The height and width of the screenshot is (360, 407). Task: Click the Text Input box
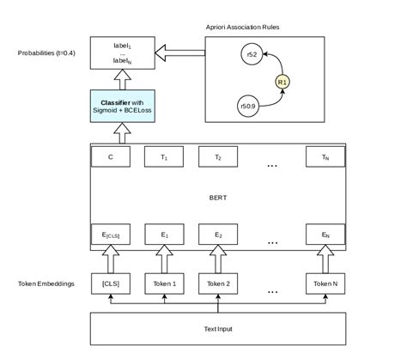pos(218,329)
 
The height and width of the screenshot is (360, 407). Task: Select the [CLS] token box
pos(110,284)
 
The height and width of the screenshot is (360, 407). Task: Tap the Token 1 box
pos(164,284)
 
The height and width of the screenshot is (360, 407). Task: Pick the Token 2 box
pos(218,284)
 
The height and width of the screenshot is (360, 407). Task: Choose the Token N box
pos(325,284)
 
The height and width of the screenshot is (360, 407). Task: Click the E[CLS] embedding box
pos(110,234)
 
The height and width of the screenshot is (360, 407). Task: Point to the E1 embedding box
pos(164,234)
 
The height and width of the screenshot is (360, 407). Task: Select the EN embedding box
pos(325,234)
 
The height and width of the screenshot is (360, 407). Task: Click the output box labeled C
pos(110,157)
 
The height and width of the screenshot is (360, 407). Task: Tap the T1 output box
pos(164,157)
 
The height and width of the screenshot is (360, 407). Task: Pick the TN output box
pos(325,157)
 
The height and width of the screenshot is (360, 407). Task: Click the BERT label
pos(218,198)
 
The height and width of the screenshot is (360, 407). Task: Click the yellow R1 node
pos(282,82)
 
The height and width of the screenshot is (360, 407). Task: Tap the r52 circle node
pos(252,55)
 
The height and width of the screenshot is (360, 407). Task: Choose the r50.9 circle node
pos(249,106)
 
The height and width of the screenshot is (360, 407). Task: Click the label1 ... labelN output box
pos(122,53)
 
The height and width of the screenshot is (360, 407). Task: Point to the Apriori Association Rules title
pos(242,27)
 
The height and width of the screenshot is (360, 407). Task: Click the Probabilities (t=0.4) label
pos(46,53)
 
